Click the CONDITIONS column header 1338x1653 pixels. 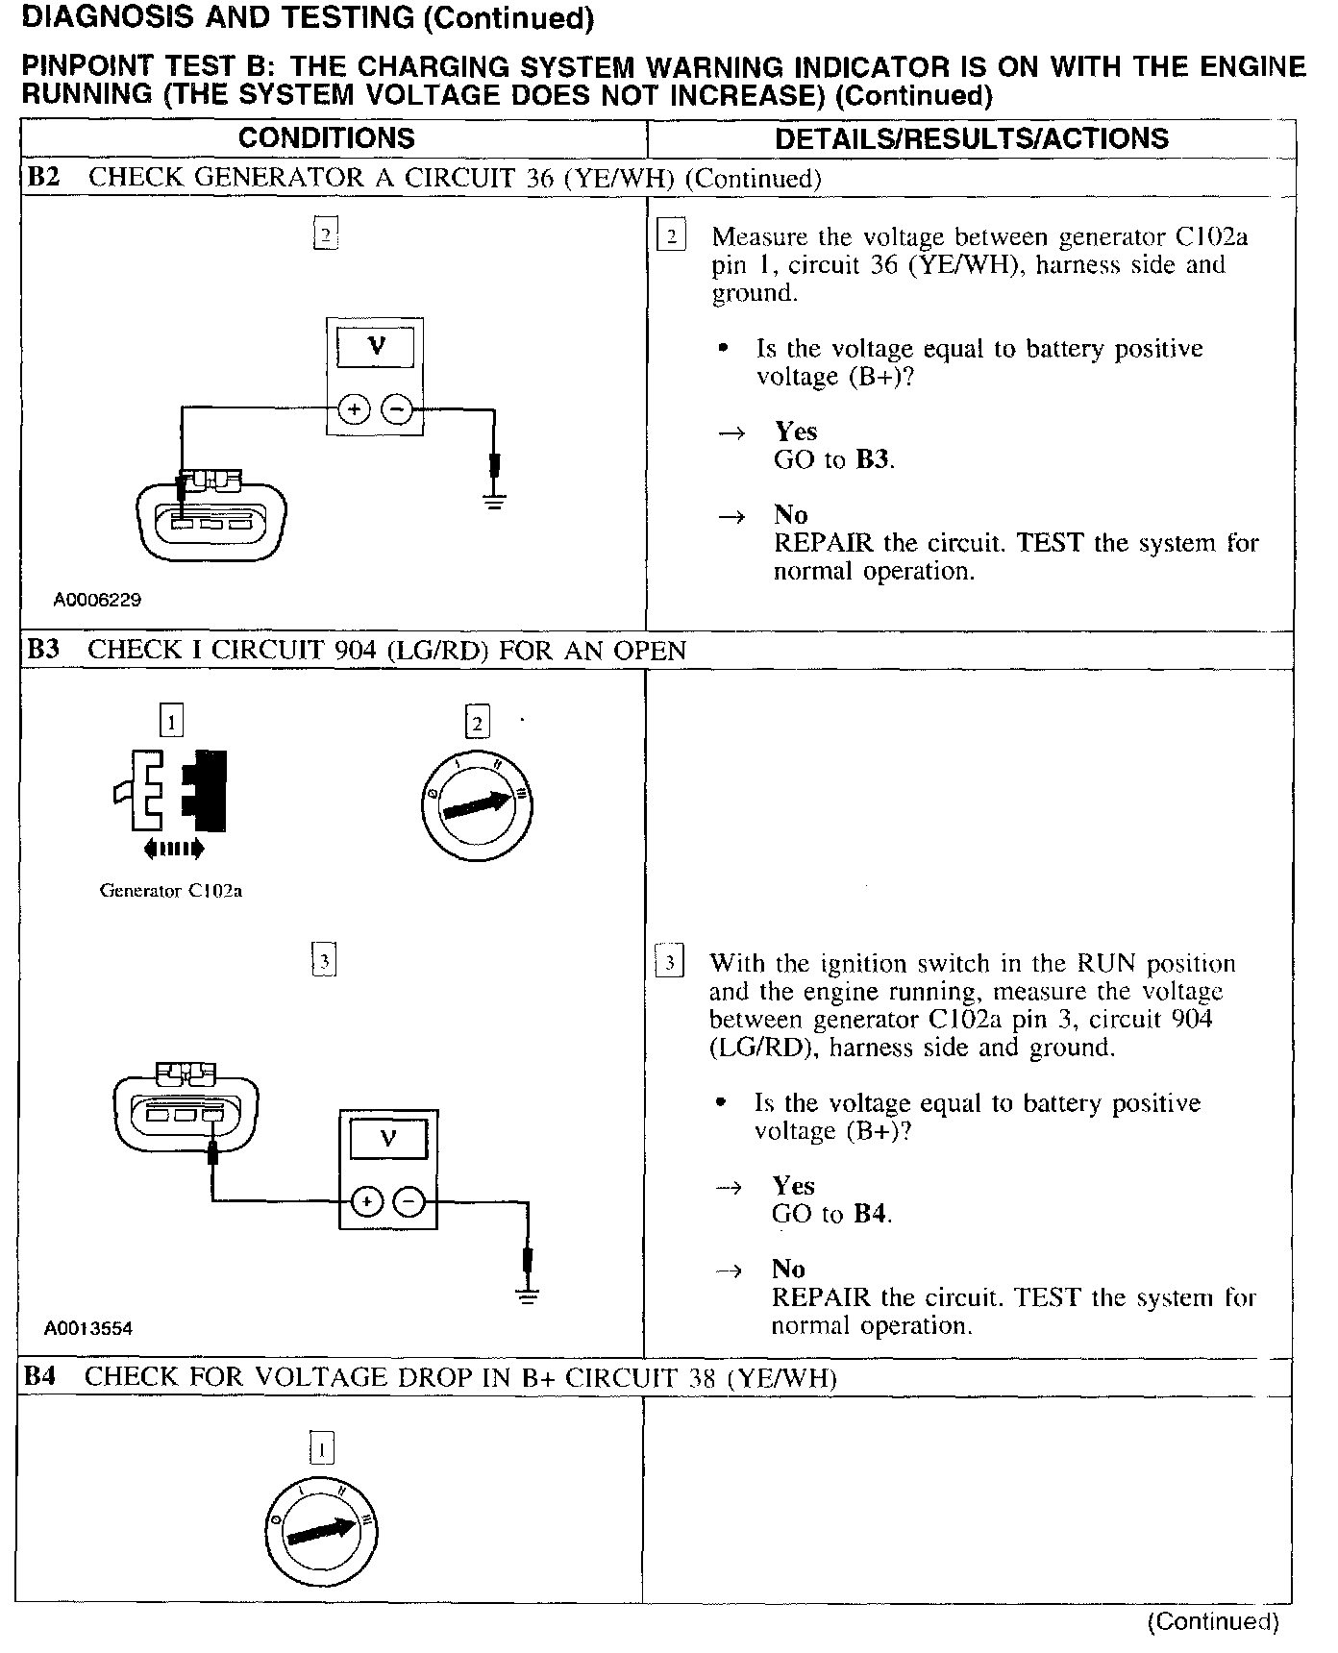[326, 138]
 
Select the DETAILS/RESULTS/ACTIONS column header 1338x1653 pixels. [971, 138]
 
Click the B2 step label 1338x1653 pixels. [42, 178]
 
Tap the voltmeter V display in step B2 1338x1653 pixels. [376, 346]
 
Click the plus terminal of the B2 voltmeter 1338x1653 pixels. [354, 410]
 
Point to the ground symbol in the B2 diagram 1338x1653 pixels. [495, 499]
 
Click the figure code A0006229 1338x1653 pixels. [97, 600]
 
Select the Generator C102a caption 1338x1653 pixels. [170, 891]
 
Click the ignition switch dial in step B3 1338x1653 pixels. [477, 804]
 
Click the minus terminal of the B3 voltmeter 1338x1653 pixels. [409, 1201]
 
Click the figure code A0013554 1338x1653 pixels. [88, 1328]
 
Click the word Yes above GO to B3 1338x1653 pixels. [796, 432]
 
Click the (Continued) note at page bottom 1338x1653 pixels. [1213, 1622]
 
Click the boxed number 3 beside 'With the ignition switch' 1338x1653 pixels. [670, 963]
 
